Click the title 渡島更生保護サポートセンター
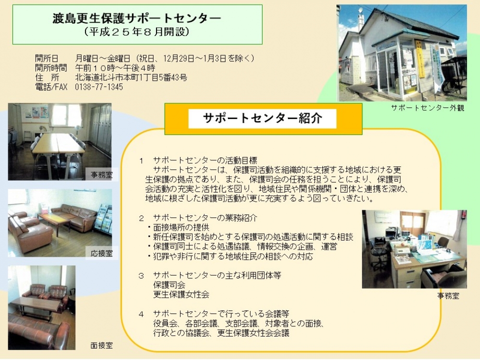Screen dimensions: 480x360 [137, 18]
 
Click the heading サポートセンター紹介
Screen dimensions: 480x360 [263, 118]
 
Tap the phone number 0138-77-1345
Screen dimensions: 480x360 [99, 87]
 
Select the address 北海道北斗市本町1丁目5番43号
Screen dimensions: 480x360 [131, 77]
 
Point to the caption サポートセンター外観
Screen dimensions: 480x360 [428, 108]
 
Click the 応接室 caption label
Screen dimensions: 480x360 [102, 253]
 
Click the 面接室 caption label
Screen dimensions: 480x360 [102, 345]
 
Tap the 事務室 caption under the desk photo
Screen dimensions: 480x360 [448, 296]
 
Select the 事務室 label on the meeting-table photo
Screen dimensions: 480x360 [102, 175]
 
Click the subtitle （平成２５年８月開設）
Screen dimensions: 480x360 [137, 32]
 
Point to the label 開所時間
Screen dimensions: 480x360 [51, 68]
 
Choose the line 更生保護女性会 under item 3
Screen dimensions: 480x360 [181, 294]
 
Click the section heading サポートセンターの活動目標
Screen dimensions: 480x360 [205, 160]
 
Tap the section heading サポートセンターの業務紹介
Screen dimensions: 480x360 [205, 217]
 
